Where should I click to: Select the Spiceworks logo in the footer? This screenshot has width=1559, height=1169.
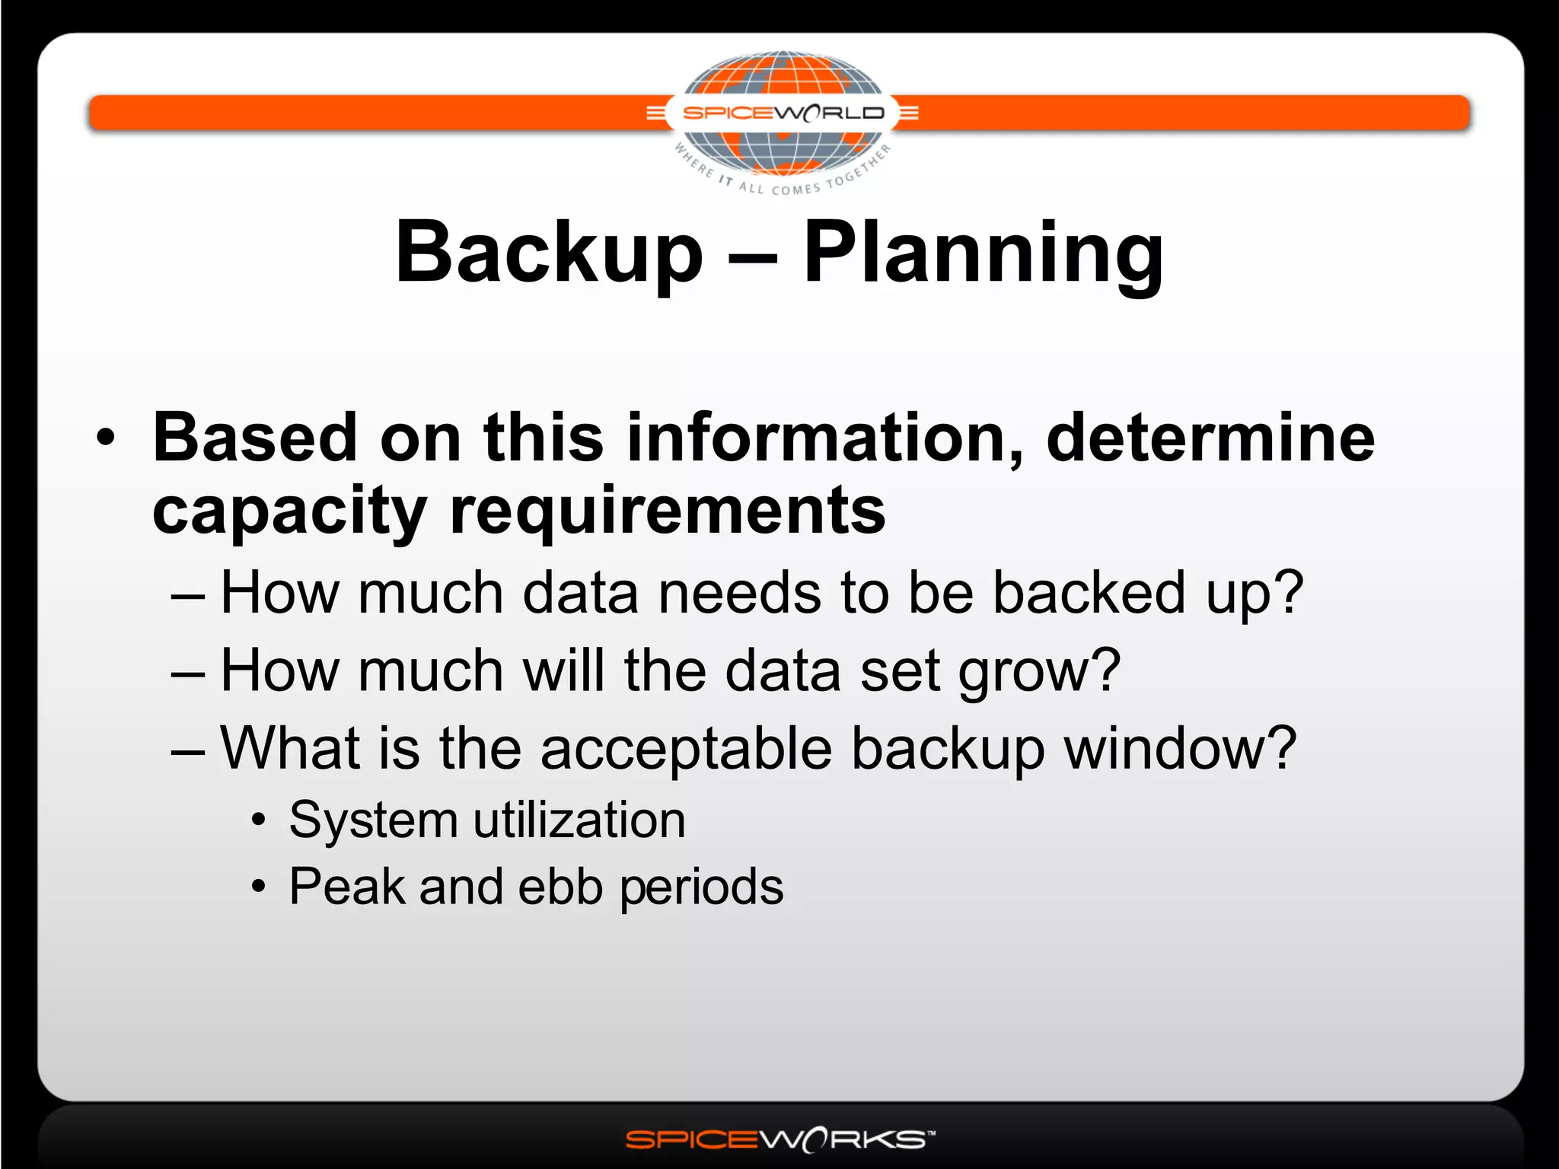click(x=779, y=1139)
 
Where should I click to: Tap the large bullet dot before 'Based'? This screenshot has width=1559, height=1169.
click(x=106, y=438)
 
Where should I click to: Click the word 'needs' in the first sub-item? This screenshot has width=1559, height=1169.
click(x=739, y=593)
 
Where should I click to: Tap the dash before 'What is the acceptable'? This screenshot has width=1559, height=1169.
click(x=188, y=750)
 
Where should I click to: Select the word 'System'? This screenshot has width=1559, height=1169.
click(x=372, y=820)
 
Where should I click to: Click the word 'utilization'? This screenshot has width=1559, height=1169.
click(x=579, y=820)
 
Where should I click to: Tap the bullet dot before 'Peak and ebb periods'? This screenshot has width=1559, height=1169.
click(x=260, y=887)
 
